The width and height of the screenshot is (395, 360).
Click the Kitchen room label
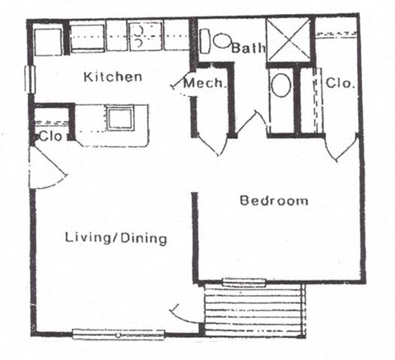click(114, 77)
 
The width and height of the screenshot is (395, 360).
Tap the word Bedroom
click(274, 201)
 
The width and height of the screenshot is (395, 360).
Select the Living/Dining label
click(116, 238)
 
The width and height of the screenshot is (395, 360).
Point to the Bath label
click(248, 48)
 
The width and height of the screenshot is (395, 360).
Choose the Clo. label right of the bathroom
click(339, 83)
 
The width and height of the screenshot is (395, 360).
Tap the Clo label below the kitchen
click(51, 136)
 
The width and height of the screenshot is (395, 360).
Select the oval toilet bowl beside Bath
click(222, 40)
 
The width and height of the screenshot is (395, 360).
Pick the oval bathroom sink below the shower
click(280, 85)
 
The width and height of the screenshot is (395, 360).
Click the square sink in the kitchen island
click(119, 118)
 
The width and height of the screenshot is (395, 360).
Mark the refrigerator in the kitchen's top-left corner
click(49, 40)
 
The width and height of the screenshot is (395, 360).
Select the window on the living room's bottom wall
click(118, 335)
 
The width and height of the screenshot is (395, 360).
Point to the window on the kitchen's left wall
click(31, 80)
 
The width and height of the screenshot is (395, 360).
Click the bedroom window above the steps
click(244, 283)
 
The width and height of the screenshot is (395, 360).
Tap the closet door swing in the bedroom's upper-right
click(338, 150)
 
